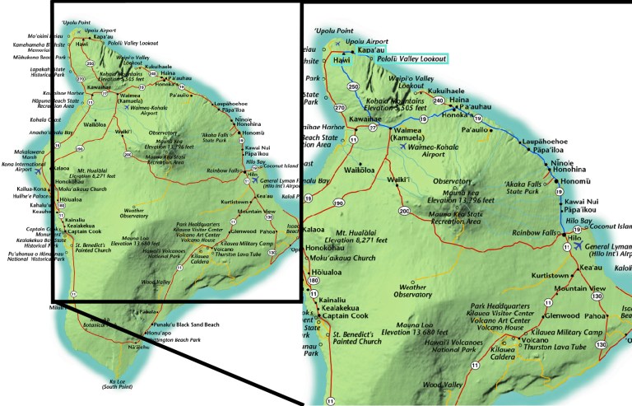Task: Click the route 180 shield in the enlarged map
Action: [313, 281]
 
